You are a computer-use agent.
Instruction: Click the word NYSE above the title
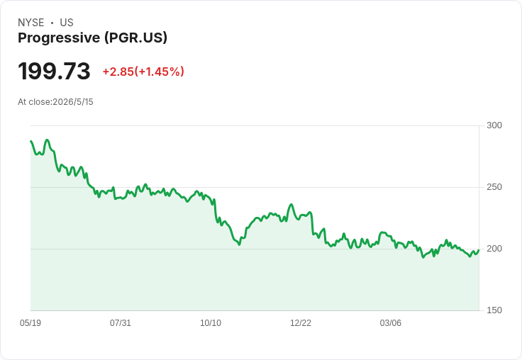31,23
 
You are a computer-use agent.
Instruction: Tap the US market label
67,23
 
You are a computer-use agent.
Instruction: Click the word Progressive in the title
59,38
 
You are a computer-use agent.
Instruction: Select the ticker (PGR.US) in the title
136,38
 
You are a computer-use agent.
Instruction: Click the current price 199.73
54,71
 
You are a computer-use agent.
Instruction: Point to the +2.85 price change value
118,72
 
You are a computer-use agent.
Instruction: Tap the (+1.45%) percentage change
159,72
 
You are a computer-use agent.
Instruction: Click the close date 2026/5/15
73,102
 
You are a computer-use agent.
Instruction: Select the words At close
34,102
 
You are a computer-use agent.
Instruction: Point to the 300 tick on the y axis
494,125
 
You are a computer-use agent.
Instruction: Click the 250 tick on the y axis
494,187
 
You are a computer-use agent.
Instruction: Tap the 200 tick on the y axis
494,249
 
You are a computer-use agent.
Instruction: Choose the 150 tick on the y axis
494,310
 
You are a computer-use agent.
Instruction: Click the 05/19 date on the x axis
30,323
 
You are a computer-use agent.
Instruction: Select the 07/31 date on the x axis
121,323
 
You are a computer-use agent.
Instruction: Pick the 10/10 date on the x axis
211,323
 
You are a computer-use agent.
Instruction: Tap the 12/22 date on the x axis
301,323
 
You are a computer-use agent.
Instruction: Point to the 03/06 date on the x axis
391,323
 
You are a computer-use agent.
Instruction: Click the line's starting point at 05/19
31,141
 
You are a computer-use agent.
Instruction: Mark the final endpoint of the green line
479,250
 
